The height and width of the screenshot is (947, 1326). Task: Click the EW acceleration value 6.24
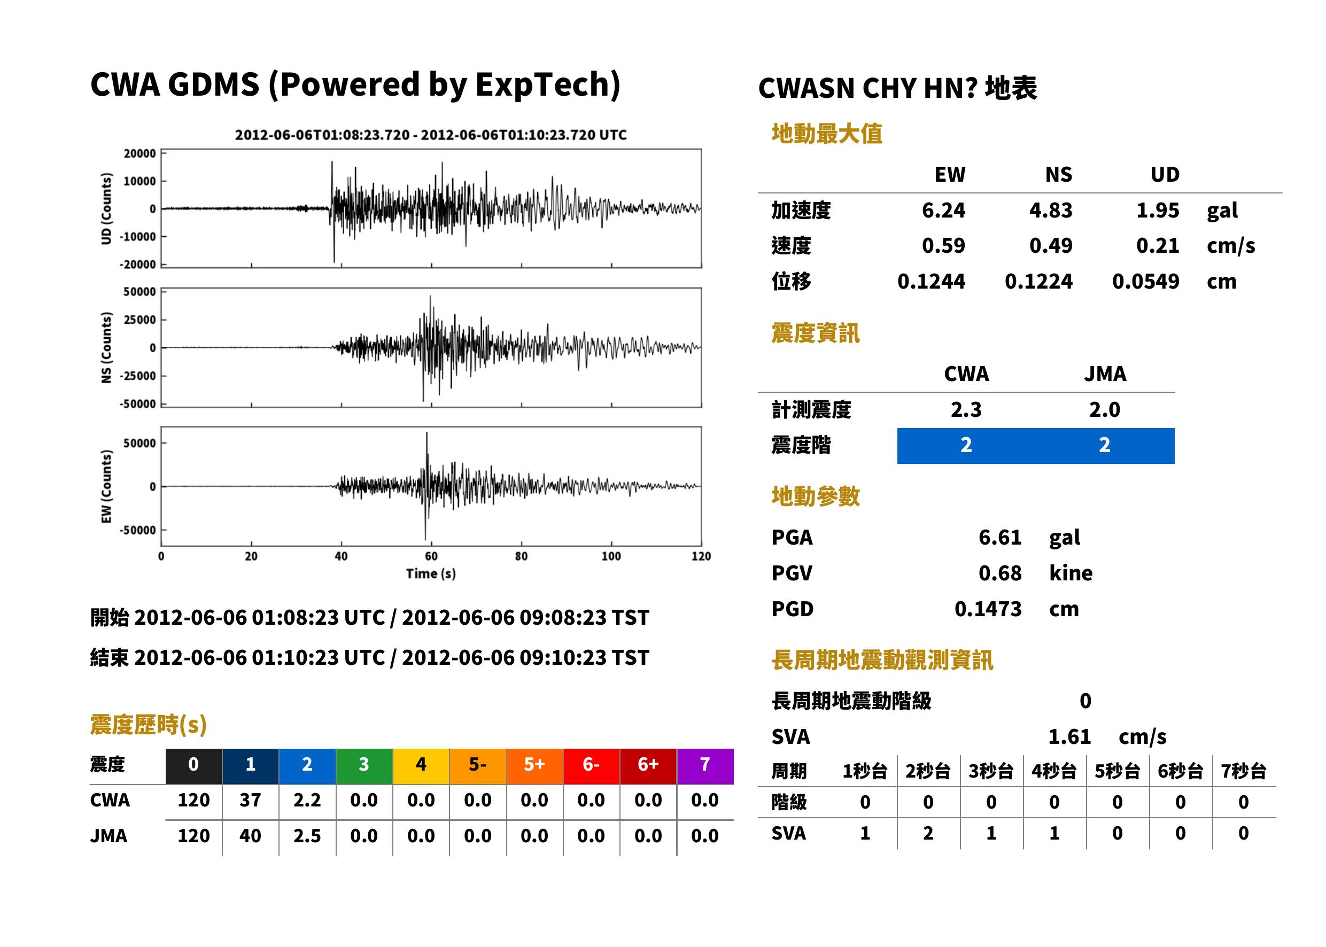point(943,211)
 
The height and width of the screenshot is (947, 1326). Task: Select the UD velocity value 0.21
point(1158,246)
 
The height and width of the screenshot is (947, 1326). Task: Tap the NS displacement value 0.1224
point(1038,282)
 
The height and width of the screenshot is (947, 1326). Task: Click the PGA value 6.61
point(1000,538)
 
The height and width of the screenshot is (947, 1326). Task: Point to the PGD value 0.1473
point(988,609)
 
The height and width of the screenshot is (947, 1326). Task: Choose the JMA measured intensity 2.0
point(1104,410)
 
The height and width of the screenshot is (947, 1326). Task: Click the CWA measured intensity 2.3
point(966,410)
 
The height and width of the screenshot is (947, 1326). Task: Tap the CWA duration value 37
point(250,800)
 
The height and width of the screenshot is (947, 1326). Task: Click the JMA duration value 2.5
point(307,836)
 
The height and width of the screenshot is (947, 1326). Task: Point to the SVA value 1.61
point(1069,737)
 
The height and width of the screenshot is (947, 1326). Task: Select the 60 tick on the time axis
point(431,556)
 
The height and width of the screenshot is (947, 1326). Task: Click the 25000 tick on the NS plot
point(139,320)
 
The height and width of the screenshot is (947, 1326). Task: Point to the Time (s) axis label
point(431,574)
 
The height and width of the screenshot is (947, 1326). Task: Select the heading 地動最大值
point(827,134)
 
